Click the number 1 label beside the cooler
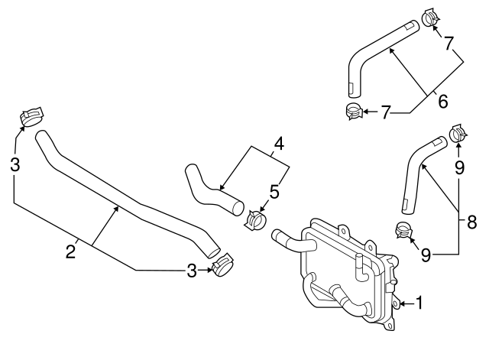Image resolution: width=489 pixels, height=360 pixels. (418, 303)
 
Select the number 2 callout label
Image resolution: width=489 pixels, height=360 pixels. (70, 251)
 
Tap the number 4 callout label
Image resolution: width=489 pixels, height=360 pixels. (280, 143)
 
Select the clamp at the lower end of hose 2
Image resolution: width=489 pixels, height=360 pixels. (223, 267)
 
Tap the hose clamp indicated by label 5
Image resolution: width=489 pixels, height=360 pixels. (254, 220)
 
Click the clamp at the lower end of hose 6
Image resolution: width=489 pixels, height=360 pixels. (352, 112)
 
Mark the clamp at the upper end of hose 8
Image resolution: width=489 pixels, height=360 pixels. (458, 133)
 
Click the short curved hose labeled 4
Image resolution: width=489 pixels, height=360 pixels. (209, 191)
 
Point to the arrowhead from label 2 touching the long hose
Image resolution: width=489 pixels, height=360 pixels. (116, 206)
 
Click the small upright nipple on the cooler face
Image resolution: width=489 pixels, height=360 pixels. (358, 270)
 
